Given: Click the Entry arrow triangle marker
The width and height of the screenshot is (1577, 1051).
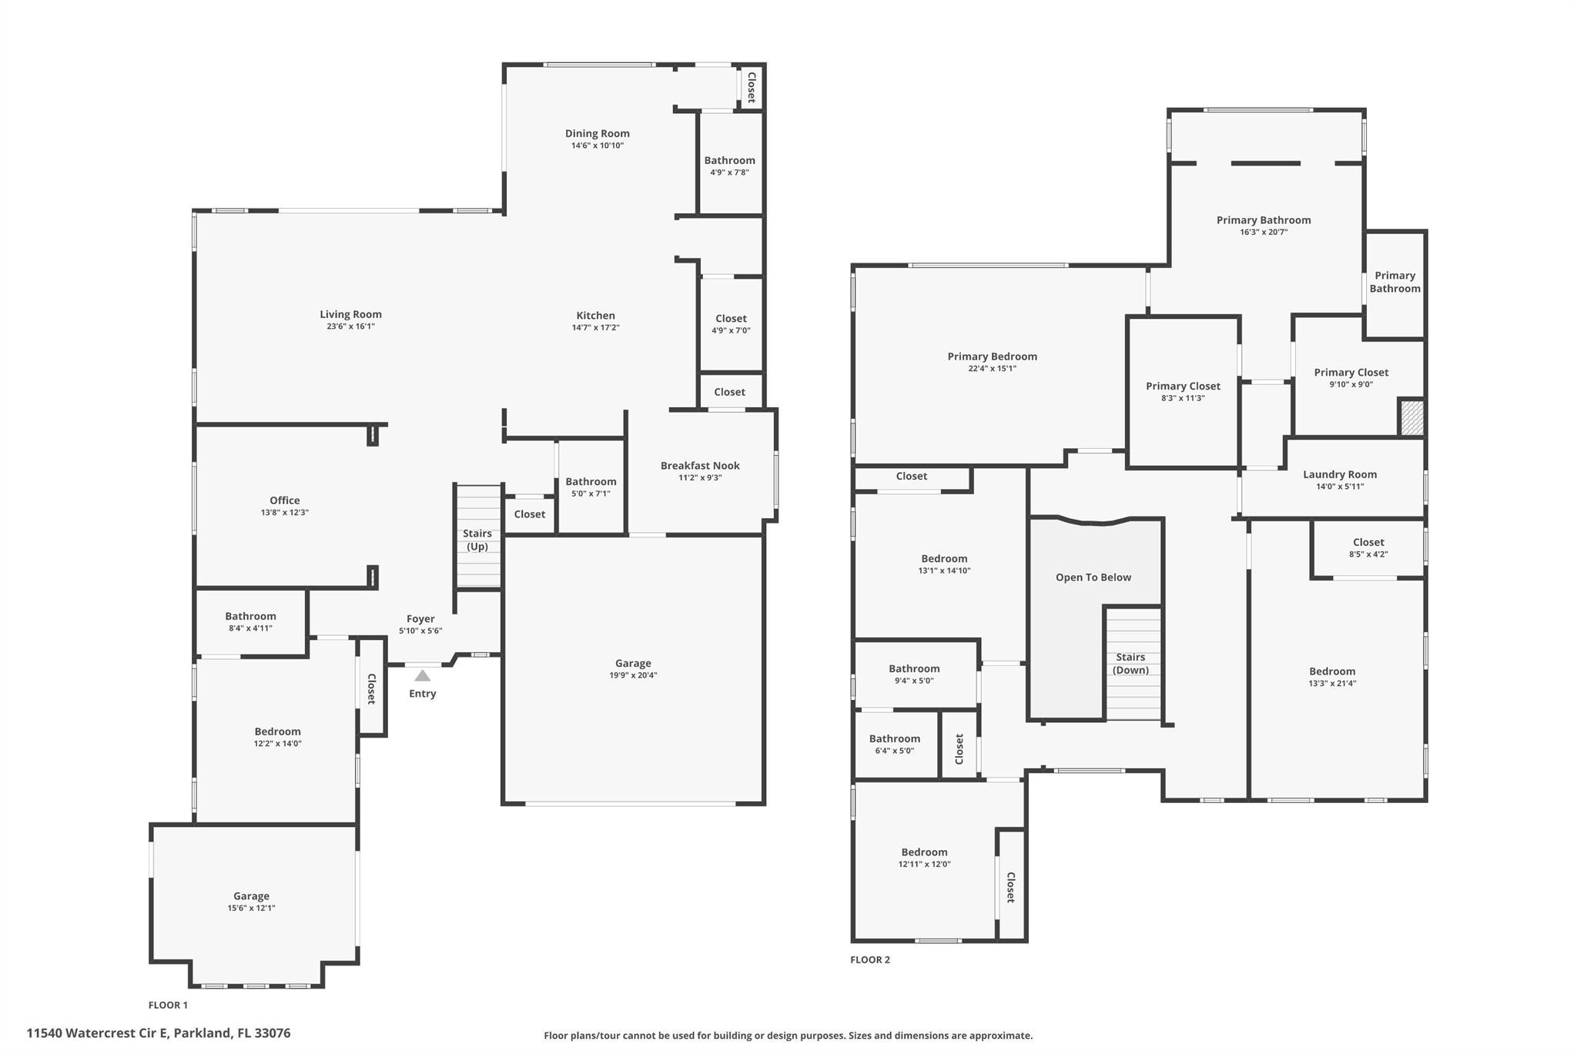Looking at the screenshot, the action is click(423, 675).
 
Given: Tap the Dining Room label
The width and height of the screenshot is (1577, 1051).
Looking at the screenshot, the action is click(598, 133).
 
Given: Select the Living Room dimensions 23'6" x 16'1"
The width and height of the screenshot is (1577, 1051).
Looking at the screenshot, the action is click(350, 326).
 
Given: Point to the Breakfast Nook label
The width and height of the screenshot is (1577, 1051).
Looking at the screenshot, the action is click(700, 466).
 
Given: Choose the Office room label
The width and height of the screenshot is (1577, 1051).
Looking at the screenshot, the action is click(285, 500).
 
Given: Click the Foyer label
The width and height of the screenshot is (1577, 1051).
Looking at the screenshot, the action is click(420, 618).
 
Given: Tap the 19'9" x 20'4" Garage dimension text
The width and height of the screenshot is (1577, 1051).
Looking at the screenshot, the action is click(633, 676).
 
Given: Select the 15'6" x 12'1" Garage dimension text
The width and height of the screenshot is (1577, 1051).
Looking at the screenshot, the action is click(251, 909).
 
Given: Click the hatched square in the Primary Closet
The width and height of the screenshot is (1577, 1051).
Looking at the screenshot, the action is click(1411, 417).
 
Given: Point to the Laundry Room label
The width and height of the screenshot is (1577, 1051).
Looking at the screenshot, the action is click(1340, 475).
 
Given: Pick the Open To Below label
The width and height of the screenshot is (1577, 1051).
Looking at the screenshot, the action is click(1093, 577).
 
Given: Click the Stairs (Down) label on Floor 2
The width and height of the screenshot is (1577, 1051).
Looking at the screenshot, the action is click(1130, 664).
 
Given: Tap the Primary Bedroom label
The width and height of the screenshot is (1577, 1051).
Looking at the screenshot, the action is click(993, 356).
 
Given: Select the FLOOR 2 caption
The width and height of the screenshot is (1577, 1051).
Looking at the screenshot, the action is click(870, 960).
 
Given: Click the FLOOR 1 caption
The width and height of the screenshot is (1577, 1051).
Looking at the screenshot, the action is click(168, 1006).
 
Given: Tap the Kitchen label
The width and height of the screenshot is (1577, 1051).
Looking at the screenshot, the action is click(596, 316).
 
